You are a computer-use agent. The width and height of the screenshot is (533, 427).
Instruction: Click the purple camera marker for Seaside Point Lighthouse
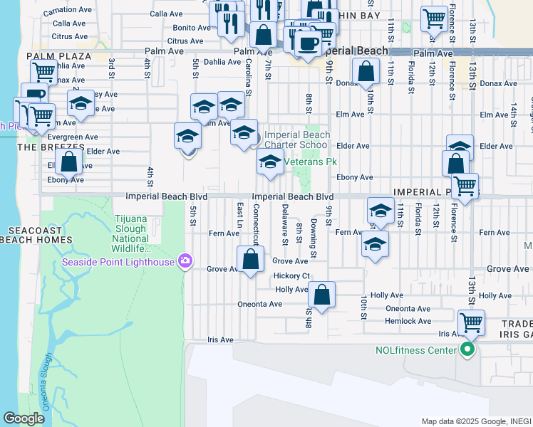click(x=185, y=262)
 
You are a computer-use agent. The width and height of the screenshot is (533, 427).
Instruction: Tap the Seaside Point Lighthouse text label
click(x=118, y=262)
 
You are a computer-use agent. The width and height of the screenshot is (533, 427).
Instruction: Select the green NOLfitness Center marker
click(x=467, y=349)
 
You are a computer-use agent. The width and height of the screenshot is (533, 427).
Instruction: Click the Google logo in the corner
click(x=24, y=418)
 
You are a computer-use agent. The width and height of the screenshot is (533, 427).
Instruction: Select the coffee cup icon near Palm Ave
click(x=308, y=43)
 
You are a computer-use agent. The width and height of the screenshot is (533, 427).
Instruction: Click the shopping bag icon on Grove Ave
click(x=250, y=260)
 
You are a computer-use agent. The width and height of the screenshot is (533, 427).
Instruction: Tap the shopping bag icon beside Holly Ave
click(x=321, y=295)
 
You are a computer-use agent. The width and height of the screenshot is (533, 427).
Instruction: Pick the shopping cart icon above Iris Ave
click(x=471, y=323)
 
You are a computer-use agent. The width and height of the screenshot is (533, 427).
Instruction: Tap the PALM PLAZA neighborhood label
click(x=58, y=56)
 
